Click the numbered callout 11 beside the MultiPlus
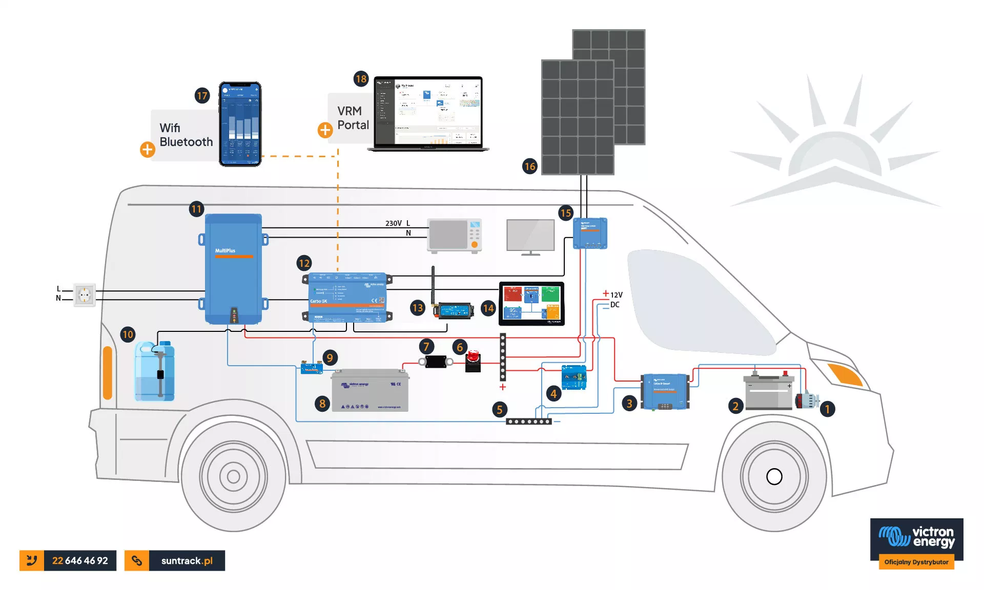(196, 209)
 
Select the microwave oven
(455, 236)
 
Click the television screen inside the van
(530, 235)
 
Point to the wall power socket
(85, 294)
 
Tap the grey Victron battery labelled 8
(370, 390)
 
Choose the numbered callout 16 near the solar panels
(530, 166)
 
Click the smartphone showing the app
(240, 124)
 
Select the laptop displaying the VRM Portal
(428, 114)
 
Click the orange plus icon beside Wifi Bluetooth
(148, 149)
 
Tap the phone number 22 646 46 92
(80, 560)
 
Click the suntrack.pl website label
(187, 560)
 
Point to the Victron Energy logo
(916, 538)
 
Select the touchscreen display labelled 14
(531, 303)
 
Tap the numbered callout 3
(629, 403)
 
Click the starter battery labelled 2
(768, 392)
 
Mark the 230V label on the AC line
(393, 223)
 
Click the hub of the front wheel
(774, 476)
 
